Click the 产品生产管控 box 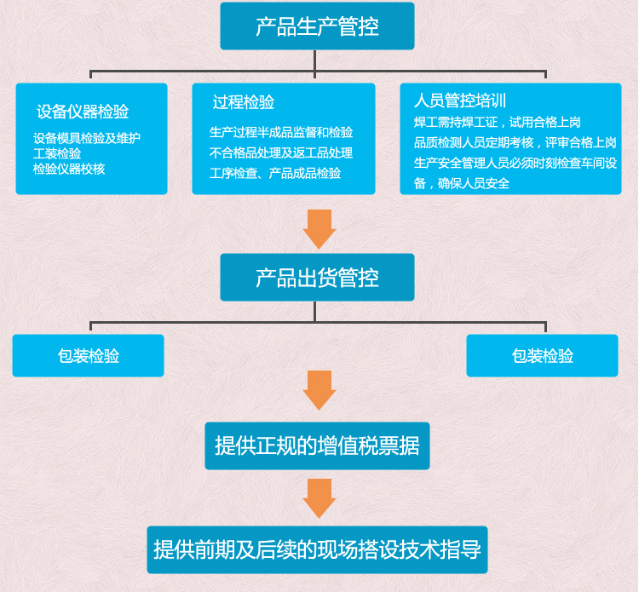(x=317, y=26)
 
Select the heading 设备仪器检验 (x=83, y=112)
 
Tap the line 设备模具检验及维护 (x=87, y=138)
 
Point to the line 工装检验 (x=57, y=153)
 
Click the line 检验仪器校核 (x=69, y=169)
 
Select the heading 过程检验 (x=244, y=103)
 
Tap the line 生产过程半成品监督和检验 (x=281, y=132)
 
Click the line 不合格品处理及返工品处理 (x=281, y=153)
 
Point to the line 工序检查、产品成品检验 (x=275, y=173)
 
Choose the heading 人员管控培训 (x=460, y=101)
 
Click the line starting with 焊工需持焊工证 (x=497, y=122)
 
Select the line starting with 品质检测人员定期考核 (x=515, y=142)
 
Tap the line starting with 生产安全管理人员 (x=515, y=163)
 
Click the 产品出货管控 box (x=317, y=278)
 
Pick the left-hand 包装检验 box (x=88, y=356)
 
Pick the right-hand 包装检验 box (x=542, y=356)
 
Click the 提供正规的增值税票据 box (x=317, y=445)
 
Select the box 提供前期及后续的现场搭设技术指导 (x=317, y=549)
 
